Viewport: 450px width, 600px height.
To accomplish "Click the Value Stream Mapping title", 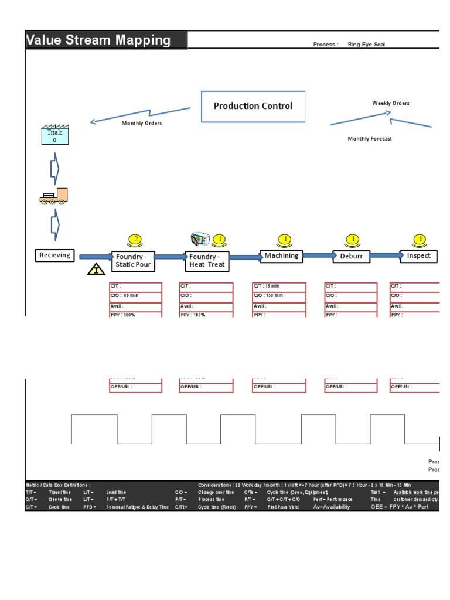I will pyautogui.click(x=98, y=40).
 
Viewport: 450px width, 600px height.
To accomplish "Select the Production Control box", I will pyautogui.click(x=253, y=106).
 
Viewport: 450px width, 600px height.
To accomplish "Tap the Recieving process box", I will pyautogui.click(x=54, y=255).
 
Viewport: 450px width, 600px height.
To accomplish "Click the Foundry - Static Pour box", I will pyautogui.click(x=133, y=261).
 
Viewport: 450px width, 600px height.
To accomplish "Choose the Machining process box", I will pyautogui.click(x=281, y=255).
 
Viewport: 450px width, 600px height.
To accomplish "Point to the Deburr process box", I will pyautogui.click(x=352, y=256).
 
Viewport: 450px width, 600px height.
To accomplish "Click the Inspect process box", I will pyautogui.click(x=419, y=255).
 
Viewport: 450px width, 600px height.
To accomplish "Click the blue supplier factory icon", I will pyautogui.click(x=54, y=135).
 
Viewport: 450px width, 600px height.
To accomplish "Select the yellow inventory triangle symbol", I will pyautogui.click(x=96, y=269).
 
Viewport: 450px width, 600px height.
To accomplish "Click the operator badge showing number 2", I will pyautogui.click(x=135, y=239).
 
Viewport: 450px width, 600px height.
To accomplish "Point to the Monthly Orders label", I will pyautogui.click(x=142, y=124).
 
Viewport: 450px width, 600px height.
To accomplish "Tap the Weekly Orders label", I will pyautogui.click(x=391, y=103).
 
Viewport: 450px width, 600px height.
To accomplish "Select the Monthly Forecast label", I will pyautogui.click(x=370, y=139).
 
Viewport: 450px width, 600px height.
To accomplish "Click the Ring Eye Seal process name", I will pyautogui.click(x=366, y=45).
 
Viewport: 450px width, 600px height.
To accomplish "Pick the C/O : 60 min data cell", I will pyautogui.click(x=135, y=296).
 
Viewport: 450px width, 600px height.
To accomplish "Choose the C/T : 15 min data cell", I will pyautogui.click(x=279, y=286).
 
